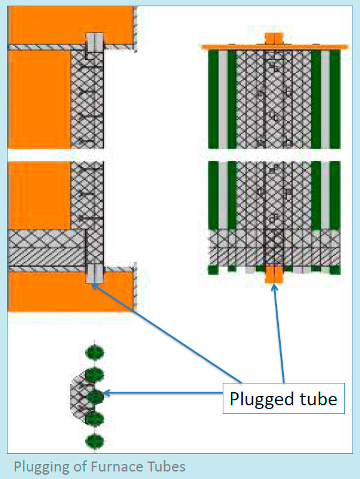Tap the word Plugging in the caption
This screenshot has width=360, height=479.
pos(39,466)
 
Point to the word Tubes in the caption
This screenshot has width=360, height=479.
pos(163,466)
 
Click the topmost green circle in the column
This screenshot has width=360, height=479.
pos(94,352)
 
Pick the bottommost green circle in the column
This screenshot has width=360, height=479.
pos(94,442)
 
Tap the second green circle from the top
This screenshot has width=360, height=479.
pos(94,375)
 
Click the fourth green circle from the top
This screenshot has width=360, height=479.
pos(94,418)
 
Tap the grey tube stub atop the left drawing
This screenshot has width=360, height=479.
pos(94,42)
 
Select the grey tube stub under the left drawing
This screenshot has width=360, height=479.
pos(94,273)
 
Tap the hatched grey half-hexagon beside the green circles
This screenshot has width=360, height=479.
pos(78,395)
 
